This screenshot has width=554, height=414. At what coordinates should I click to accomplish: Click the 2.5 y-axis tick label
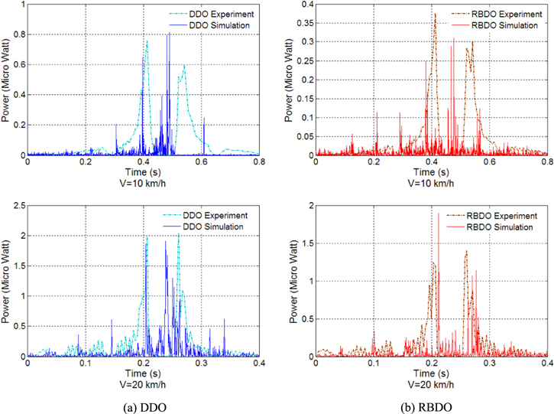pyautogui.click(x=17, y=206)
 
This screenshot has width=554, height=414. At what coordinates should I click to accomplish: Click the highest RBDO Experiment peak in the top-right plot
pyautogui.click(x=435, y=14)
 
